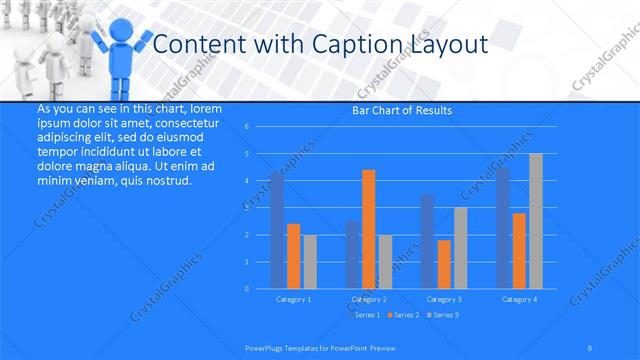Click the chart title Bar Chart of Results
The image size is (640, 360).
tap(402, 110)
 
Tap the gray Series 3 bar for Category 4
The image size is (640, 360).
tap(536, 221)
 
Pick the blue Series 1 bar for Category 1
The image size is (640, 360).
tap(277, 230)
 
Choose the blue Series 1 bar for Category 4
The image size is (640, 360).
tap(503, 228)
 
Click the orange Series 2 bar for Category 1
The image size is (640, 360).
tap(293, 256)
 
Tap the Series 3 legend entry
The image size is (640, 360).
tap(443, 315)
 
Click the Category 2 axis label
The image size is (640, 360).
tap(368, 299)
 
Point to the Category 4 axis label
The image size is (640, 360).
tap(519, 299)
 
